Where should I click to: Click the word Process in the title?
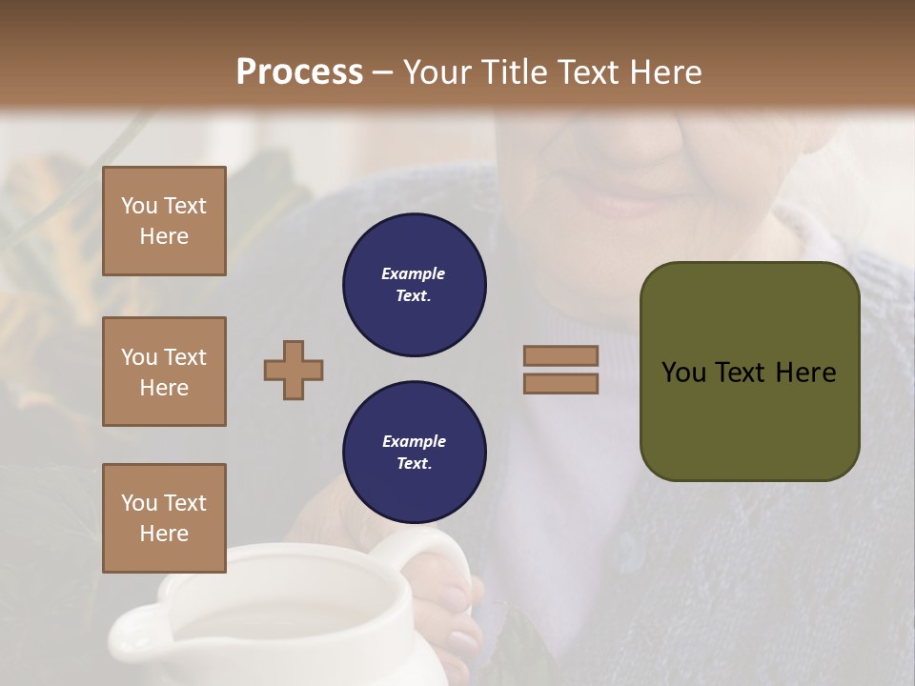(299, 71)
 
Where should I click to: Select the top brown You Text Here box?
(164, 221)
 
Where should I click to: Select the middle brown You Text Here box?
(164, 372)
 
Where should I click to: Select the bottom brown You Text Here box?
(164, 517)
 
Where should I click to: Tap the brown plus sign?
(294, 370)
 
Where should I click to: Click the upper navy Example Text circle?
(414, 285)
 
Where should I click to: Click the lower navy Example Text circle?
(414, 453)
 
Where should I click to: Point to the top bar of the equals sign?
(560, 356)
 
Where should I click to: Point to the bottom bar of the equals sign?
(560, 383)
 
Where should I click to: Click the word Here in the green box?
(805, 373)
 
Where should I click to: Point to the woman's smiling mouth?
(620, 200)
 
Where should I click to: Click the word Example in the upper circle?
(414, 273)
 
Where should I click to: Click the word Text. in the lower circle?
(414, 464)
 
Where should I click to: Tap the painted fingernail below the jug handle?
(464, 641)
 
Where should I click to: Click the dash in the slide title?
(383, 72)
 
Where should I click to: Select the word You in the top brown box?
(138, 206)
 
